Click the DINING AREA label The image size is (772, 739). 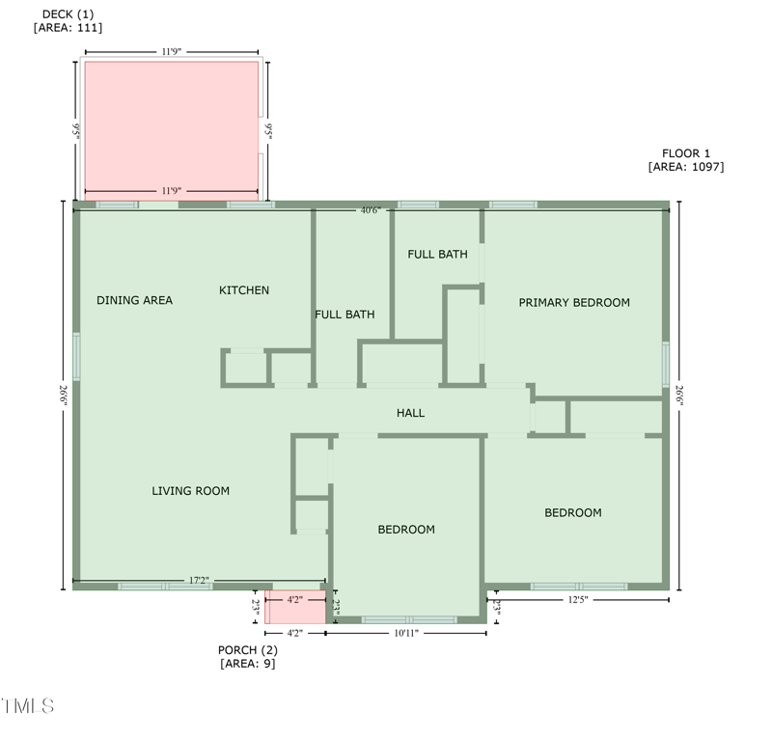tap(134, 300)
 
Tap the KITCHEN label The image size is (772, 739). tap(244, 290)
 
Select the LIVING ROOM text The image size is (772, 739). tap(190, 491)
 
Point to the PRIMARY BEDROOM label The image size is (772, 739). tap(574, 302)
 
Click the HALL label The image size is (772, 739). tap(410, 413)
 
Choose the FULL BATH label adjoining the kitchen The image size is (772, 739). tap(345, 315)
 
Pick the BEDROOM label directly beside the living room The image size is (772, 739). tap(406, 530)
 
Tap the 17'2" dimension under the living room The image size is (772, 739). tap(198, 581)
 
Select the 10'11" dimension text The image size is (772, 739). tap(406, 633)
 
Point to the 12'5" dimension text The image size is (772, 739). tap(577, 599)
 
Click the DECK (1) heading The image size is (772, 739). tap(68, 14)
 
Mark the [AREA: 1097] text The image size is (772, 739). tap(686, 167)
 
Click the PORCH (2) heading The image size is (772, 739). tap(247, 650)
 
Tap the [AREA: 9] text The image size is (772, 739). tap(247, 664)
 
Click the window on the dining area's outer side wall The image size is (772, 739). tap(76, 356)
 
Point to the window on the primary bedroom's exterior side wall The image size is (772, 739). tap(665, 364)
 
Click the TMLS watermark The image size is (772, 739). tap(28, 706)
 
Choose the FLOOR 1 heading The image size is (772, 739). tap(686, 153)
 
